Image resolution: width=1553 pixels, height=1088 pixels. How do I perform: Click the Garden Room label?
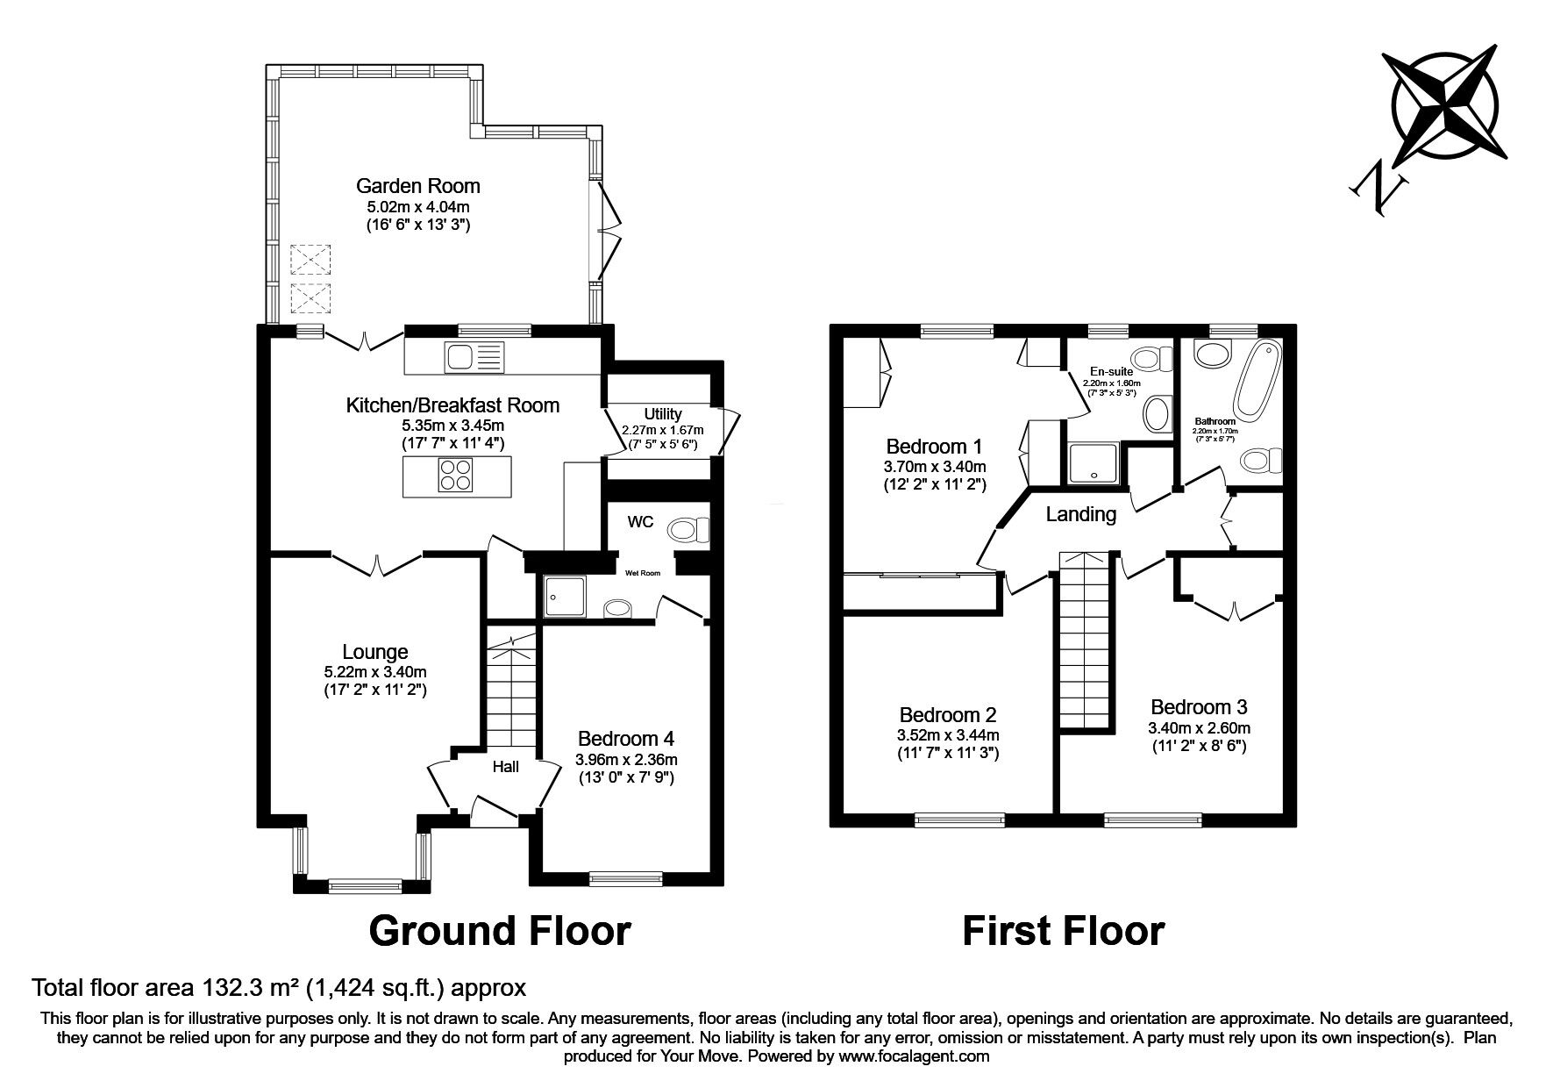pos(417,186)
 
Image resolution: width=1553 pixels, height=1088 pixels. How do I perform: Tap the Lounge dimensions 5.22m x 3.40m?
pos(375,671)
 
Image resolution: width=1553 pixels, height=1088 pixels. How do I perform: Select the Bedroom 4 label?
pos(625,738)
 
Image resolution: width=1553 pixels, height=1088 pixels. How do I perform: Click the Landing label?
pos(1080,515)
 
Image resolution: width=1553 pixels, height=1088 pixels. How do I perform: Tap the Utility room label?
pos(662,414)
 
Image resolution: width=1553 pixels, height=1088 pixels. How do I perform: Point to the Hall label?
pos(505,766)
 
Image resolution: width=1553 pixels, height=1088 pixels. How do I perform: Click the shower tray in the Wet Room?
pos(565,597)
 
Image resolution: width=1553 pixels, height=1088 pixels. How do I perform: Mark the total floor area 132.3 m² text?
pos(279,988)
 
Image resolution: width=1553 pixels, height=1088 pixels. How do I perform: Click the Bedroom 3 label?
pos(1199,707)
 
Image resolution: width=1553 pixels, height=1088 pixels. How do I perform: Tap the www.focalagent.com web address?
pos(913,1056)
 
